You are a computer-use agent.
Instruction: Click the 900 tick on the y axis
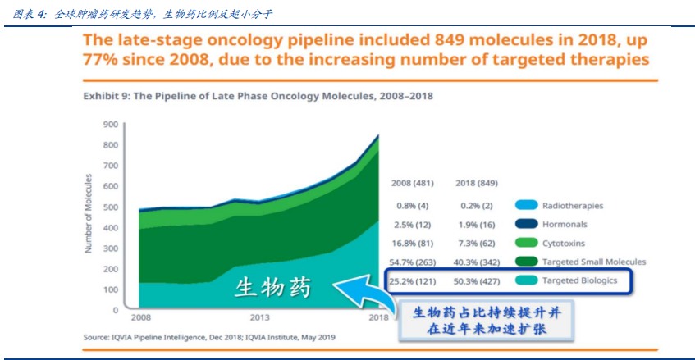(111, 125)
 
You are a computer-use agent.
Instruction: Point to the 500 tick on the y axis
(111, 207)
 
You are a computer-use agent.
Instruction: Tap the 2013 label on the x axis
(261, 318)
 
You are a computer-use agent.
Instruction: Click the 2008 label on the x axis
(142, 318)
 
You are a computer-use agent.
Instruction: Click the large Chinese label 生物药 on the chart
(272, 289)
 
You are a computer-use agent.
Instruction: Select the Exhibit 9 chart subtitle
(258, 96)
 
